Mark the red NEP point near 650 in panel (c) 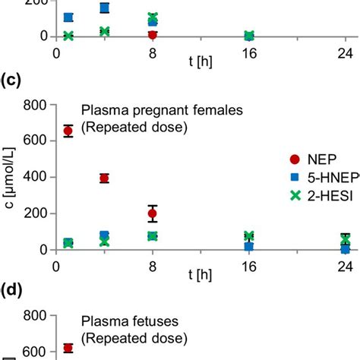coord(68,131)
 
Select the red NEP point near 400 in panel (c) coord(104,178)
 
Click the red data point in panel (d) coord(68,348)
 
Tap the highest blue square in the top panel coord(104,8)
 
